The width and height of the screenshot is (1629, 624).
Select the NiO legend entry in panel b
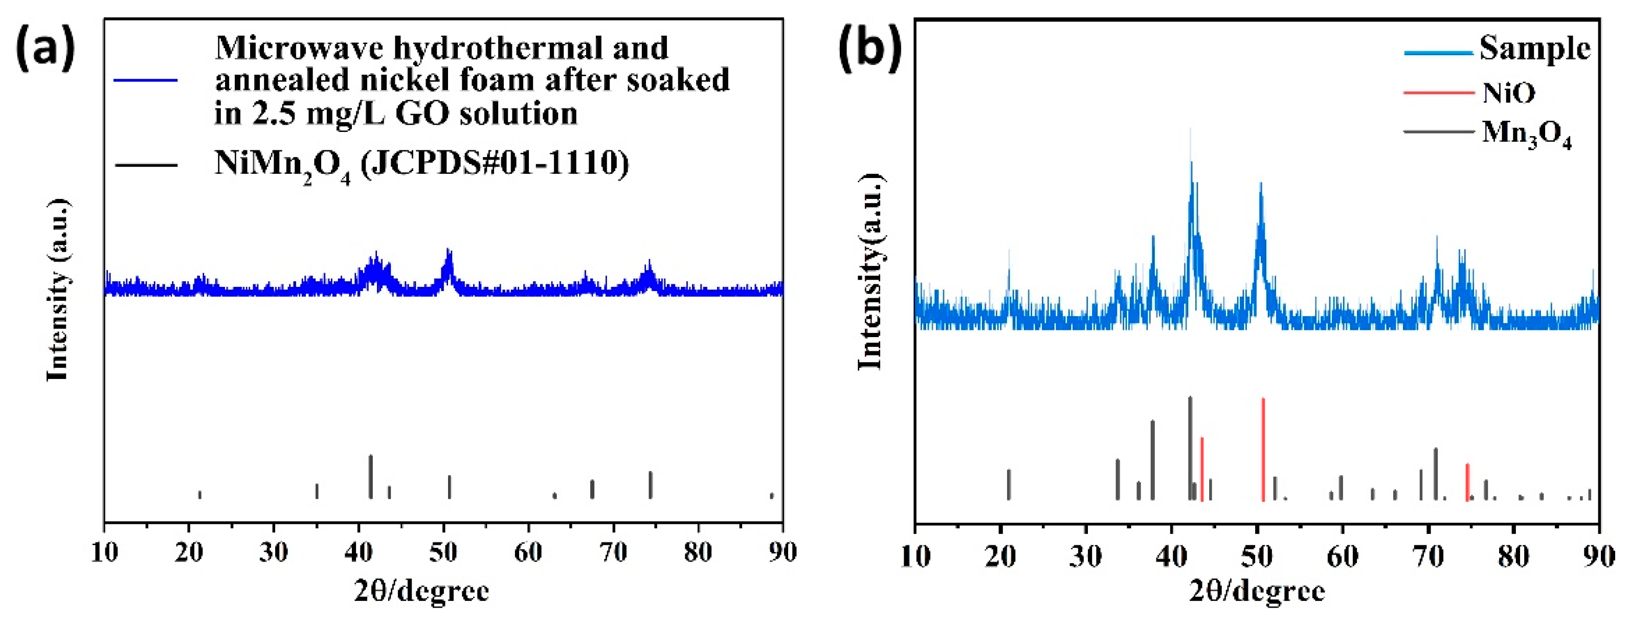(1509, 93)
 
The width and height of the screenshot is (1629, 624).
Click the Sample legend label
(1535, 49)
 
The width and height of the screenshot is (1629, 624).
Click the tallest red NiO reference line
(1263, 449)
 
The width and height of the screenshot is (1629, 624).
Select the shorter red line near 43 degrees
(1201, 469)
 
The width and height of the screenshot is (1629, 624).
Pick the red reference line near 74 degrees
(1467, 482)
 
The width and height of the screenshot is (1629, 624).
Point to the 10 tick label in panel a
(104, 552)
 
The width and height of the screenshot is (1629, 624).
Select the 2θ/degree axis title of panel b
(1257, 592)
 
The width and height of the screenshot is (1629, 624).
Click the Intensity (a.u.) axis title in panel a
(58, 291)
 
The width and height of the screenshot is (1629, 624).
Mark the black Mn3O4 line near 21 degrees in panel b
(1009, 484)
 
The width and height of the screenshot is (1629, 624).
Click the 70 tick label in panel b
(1427, 557)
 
